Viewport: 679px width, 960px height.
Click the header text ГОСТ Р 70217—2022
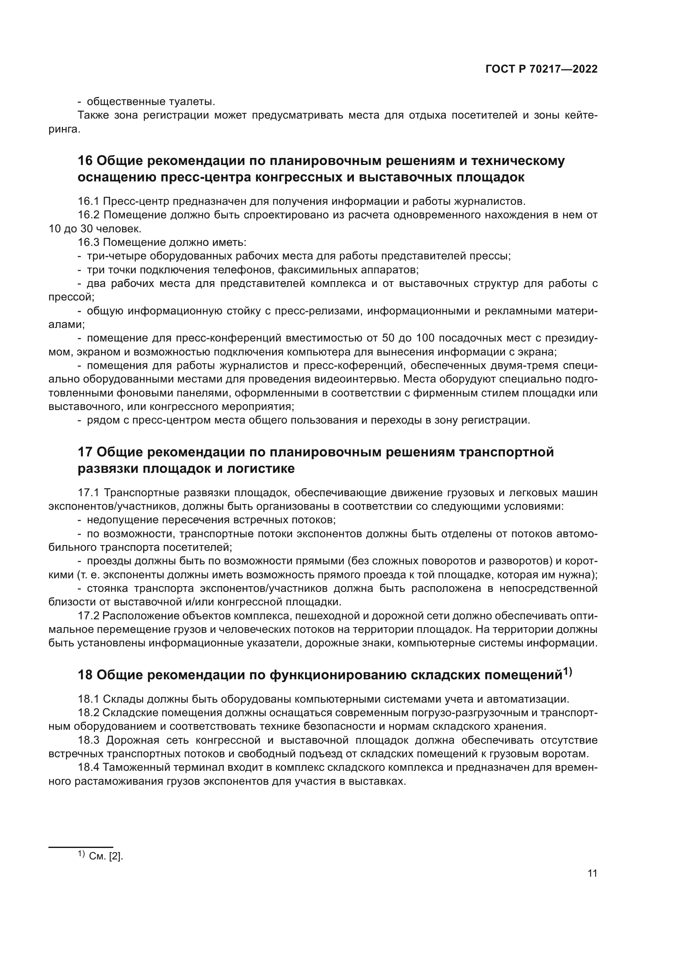pos(541,69)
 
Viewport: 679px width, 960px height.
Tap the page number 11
pos(592,873)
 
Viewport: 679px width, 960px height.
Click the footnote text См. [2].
pos(106,856)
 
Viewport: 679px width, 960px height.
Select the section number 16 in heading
pos(85,161)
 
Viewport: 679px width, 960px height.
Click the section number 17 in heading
pos(85,452)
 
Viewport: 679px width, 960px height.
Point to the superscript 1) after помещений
pos(567,672)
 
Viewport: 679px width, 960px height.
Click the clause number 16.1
pos(89,202)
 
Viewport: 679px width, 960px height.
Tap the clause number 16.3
pos(89,243)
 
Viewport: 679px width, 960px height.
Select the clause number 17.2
pos(89,616)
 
